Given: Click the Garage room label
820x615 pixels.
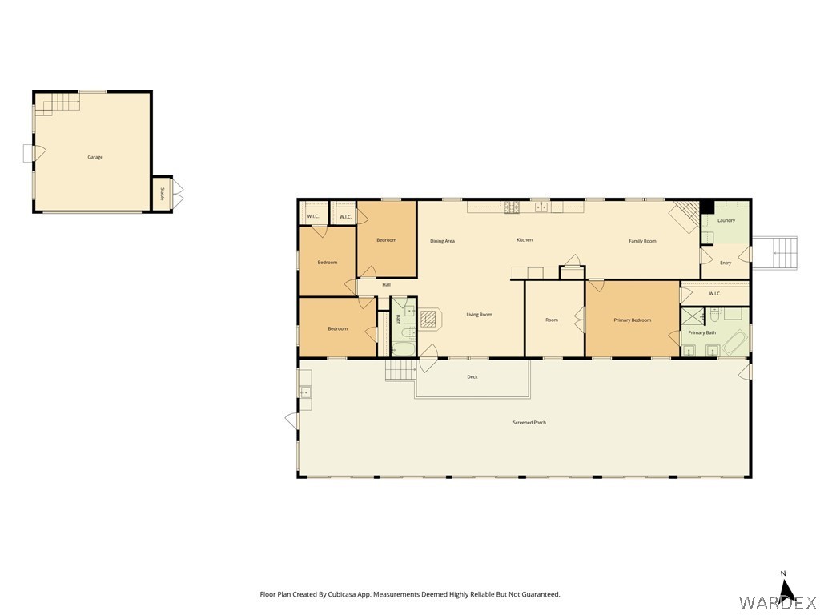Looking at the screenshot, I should [95, 157].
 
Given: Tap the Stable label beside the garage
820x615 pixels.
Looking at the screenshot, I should [162, 193].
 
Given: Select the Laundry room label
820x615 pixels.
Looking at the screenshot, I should [726, 220].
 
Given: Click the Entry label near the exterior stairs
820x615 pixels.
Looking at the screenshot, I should [726, 263].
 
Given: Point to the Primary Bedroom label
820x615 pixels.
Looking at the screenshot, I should [633, 320].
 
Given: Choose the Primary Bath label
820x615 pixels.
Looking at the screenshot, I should [702, 332].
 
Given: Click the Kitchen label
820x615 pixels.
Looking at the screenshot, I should [525, 240].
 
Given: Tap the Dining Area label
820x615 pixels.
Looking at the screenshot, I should [443, 241].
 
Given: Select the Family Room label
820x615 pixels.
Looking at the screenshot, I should [642, 241].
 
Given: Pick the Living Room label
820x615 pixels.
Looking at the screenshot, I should [479, 315].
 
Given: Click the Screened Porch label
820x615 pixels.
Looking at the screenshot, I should [529, 423].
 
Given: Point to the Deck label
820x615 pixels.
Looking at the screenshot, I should [472, 377].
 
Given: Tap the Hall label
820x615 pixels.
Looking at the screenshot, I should [387, 285].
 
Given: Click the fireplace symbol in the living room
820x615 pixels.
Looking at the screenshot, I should [430, 319].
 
